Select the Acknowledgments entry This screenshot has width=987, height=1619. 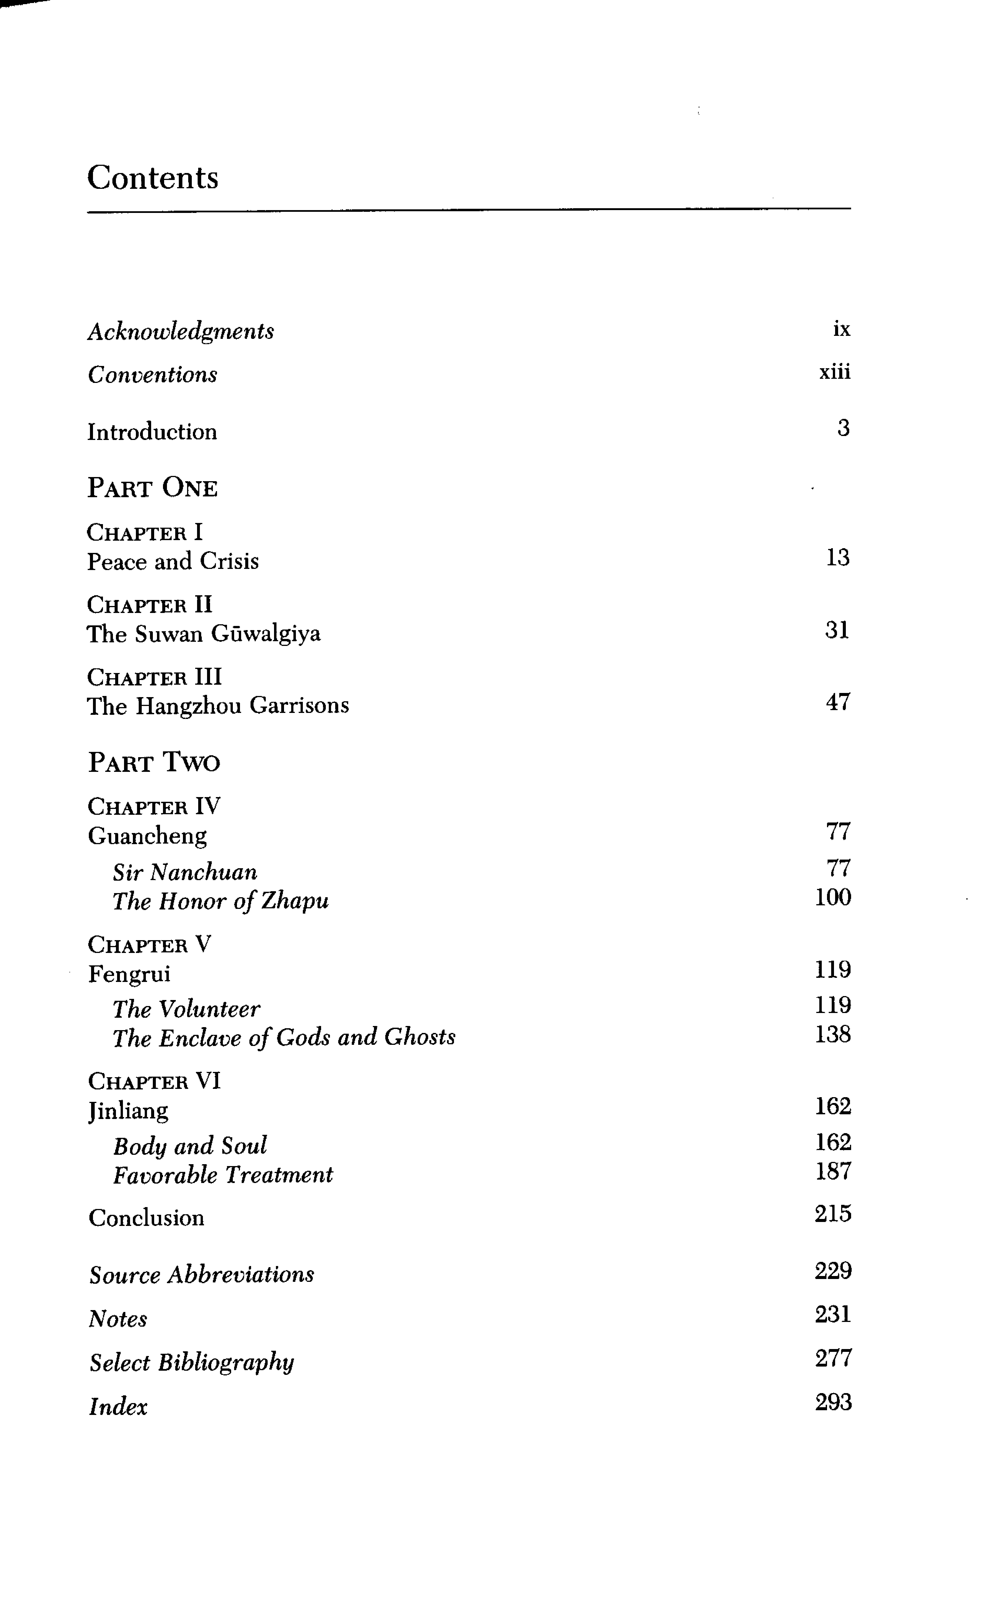[181, 331]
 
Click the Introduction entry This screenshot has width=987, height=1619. [152, 432]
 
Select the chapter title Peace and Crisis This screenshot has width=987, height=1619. [173, 561]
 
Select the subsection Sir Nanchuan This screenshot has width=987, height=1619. [185, 872]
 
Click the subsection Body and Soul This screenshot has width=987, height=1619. [190, 1146]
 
